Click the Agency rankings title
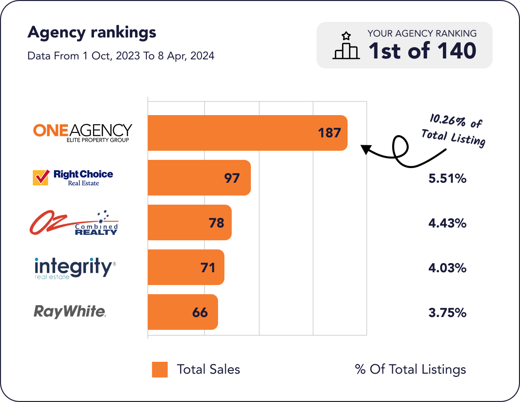tap(92, 32)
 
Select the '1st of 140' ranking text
tap(422, 51)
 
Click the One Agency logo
tap(83, 132)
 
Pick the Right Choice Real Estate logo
tap(73, 177)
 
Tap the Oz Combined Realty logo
tap(74, 222)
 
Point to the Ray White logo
tap(70, 312)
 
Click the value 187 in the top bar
tap(329, 133)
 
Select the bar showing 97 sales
tap(199, 178)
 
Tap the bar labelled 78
tap(189, 222)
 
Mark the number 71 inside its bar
tap(208, 267)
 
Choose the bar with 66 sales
tap(182, 312)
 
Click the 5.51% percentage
tap(447, 178)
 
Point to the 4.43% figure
tap(447, 223)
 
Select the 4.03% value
tap(447, 268)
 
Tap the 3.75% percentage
tap(447, 312)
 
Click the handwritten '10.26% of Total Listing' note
tap(453, 131)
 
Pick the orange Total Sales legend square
tap(160, 370)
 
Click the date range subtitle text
tap(121, 56)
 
